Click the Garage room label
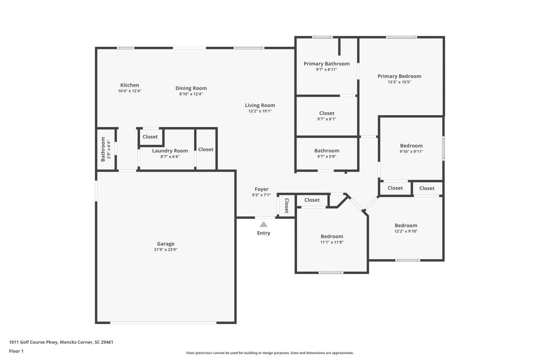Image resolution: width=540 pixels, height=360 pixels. pyautogui.click(x=165, y=244)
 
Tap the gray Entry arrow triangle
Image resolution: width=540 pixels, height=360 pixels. pyautogui.click(x=263, y=225)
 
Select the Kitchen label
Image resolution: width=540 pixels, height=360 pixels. pyautogui.click(x=130, y=85)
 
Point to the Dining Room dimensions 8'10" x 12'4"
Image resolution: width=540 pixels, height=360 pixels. pyautogui.click(x=191, y=94)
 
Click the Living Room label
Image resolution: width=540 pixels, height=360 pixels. pyautogui.click(x=260, y=106)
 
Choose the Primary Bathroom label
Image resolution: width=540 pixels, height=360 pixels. pyautogui.click(x=327, y=64)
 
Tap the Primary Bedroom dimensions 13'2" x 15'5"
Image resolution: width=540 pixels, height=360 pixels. pyautogui.click(x=399, y=82)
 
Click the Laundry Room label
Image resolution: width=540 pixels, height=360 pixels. pyautogui.click(x=170, y=151)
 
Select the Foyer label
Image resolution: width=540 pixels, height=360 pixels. pyautogui.click(x=262, y=189)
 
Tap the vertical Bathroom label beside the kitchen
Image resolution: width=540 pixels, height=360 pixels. pyautogui.click(x=103, y=149)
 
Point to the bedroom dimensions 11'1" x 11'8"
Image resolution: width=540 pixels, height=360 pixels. pyautogui.click(x=332, y=242)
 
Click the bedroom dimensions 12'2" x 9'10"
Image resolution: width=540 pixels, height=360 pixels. pyautogui.click(x=406, y=231)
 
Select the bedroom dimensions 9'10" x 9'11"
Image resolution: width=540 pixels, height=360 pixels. pyautogui.click(x=411, y=152)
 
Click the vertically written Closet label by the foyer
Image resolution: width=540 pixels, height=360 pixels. pyautogui.click(x=286, y=205)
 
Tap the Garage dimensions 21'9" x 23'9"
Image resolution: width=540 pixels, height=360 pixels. pyautogui.click(x=165, y=249)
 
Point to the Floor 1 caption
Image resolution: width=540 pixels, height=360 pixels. pyautogui.click(x=16, y=351)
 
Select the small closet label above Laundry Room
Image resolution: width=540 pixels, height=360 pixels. pyautogui.click(x=150, y=137)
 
